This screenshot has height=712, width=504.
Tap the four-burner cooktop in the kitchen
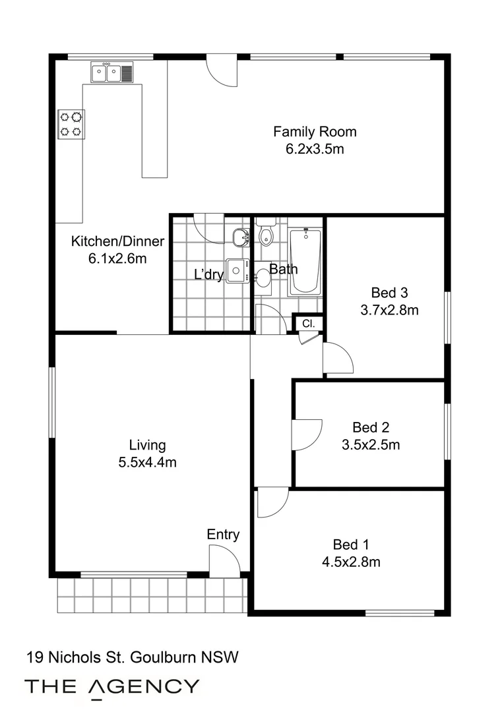(x=71, y=124)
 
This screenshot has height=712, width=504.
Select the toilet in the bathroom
(x=267, y=234)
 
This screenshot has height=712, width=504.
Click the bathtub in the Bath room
(x=305, y=261)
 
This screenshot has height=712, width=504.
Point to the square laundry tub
(x=236, y=270)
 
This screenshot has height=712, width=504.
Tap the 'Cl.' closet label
(x=308, y=324)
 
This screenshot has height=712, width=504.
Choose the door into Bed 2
(x=305, y=435)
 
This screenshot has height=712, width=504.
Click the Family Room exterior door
(x=221, y=70)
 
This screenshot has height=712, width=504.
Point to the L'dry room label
(x=208, y=275)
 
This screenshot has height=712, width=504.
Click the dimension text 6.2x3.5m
(x=315, y=149)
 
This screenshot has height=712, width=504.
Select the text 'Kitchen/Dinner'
(x=117, y=241)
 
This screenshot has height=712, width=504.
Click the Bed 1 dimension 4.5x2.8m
(x=350, y=562)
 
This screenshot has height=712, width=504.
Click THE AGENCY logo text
(x=111, y=687)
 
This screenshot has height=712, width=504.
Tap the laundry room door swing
(x=210, y=227)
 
